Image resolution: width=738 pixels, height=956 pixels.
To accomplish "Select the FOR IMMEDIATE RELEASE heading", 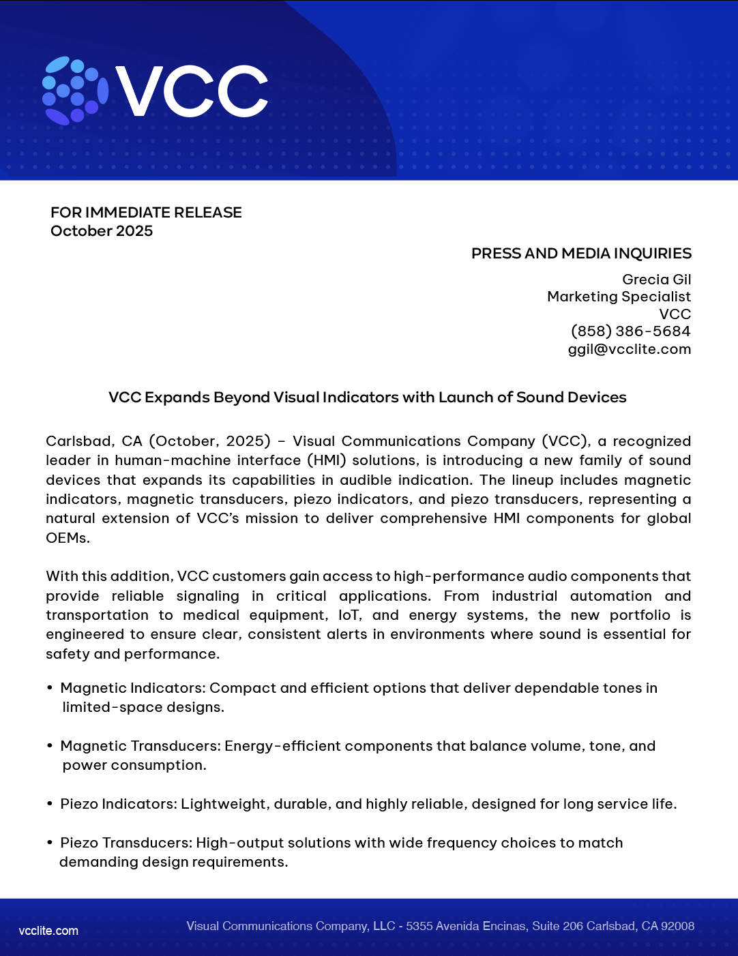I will (x=146, y=212).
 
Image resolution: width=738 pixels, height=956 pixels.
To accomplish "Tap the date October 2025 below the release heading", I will (x=102, y=230).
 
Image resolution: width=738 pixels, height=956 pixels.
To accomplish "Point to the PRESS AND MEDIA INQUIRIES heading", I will (x=581, y=254).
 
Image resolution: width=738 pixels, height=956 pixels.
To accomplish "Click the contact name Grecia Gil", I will (x=656, y=280).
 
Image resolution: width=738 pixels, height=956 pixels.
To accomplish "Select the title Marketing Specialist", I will (x=619, y=297).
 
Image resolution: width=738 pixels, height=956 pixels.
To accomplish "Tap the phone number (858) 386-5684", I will (x=630, y=331).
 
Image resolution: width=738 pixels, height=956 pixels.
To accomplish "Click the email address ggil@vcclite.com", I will (x=629, y=349).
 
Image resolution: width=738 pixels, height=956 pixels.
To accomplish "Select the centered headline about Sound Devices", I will (x=368, y=398).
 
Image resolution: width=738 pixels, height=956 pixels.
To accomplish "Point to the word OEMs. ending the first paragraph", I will (x=68, y=538).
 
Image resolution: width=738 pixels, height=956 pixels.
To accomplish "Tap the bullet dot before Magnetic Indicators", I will (x=50, y=688).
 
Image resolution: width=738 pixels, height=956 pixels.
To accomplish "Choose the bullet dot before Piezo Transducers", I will (x=50, y=843).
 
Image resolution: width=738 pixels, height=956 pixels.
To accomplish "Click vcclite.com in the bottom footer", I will (x=48, y=931).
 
